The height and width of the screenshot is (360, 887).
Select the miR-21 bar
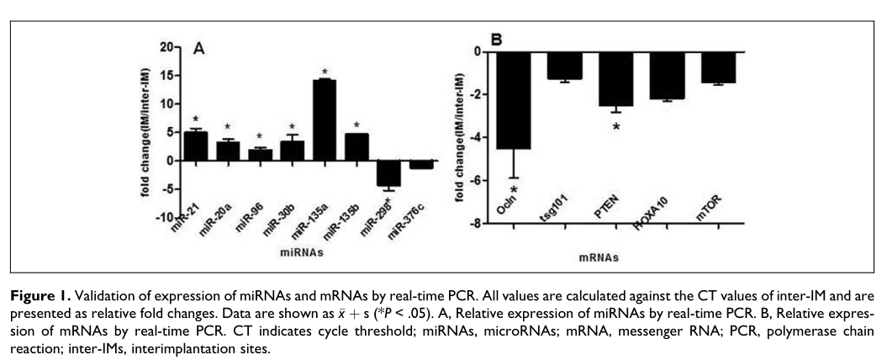pos(195,146)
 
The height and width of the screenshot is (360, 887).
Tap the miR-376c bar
pos(421,164)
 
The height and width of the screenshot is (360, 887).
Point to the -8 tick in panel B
pos(478,223)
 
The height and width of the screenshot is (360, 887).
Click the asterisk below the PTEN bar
pos(615,127)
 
